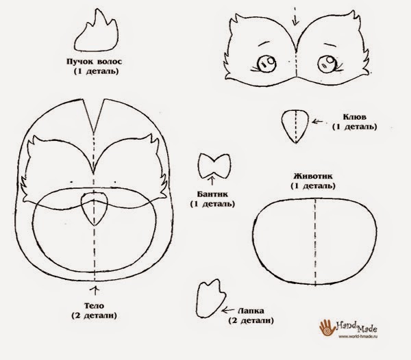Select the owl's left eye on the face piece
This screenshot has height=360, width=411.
coord(266,64)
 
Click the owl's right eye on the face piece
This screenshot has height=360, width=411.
coord(327,64)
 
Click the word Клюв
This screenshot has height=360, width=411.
coord(355,117)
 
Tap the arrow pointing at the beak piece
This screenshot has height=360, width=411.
coord(317,122)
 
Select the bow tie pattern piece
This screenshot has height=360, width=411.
coord(214,166)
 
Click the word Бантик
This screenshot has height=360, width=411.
coord(212,194)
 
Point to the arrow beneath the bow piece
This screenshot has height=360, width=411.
coord(212,181)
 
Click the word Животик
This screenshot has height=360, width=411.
coord(313,176)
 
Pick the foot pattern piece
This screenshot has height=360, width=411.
coord(210,298)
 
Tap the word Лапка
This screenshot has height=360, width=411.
coord(251,311)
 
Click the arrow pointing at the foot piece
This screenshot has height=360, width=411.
coord(228,310)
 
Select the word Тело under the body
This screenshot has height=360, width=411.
coord(94,305)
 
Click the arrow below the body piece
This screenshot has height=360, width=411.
coord(95,290)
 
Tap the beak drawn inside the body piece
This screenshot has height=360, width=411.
coord(95,208)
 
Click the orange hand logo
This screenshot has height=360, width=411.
coord(327,328)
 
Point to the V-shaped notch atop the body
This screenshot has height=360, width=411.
coord(93,116)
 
